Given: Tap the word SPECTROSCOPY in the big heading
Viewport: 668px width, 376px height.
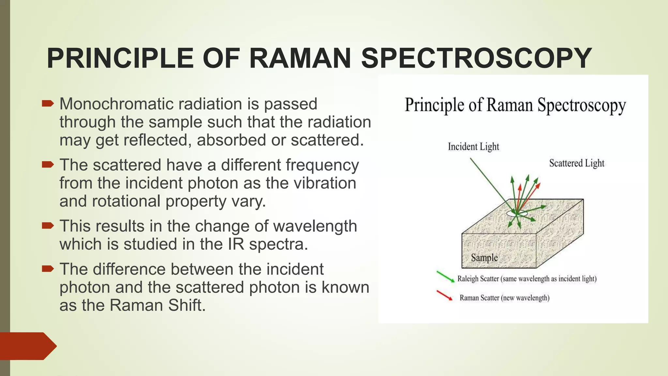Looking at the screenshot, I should click(477, 58).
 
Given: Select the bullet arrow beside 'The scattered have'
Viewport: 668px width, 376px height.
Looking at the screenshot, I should click(48, 164).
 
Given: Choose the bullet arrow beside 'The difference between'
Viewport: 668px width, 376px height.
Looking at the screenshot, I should click(48, 269).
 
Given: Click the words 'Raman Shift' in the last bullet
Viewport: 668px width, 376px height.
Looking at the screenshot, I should click(158, 305).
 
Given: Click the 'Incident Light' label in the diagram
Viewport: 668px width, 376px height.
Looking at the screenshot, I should click(473, 147).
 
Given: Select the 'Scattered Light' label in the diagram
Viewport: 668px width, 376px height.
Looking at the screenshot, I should click(576, 163).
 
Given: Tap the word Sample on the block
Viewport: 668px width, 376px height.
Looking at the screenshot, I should click(484, 258).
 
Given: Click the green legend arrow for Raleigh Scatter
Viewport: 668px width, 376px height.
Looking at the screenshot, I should click(445, 276).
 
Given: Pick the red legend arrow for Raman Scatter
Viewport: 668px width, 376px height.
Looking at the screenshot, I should click(445, 295).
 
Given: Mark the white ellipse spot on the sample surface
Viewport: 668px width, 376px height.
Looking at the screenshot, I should click(517, 213).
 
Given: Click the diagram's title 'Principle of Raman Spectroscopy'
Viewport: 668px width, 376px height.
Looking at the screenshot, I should click(515, 105).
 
